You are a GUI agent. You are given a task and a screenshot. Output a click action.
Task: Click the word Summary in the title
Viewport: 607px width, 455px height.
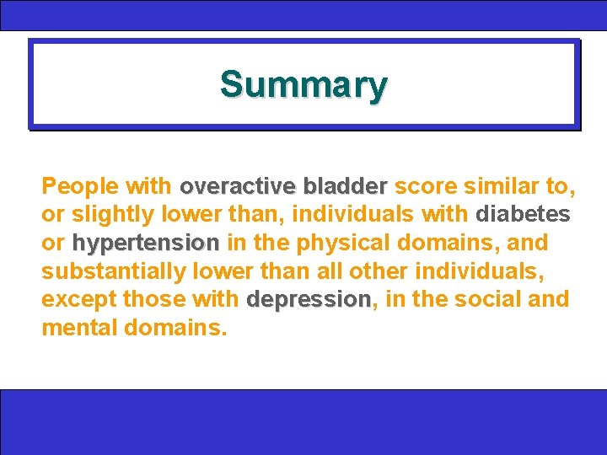pos(303,85)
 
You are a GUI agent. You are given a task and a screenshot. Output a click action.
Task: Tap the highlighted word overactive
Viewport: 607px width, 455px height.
pos(239,185)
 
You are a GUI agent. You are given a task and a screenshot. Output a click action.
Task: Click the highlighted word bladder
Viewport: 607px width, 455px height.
pos(346,185)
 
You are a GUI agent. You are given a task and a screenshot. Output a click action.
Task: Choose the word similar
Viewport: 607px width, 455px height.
pos(498,185)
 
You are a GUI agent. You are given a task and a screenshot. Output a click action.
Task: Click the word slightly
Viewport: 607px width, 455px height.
pos(112,214)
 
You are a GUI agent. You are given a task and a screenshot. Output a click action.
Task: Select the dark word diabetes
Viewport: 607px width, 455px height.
pos(524,214)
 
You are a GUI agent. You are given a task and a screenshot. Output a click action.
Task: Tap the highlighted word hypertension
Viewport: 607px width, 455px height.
pos(146,244)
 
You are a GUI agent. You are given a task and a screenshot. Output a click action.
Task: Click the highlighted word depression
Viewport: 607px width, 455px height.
pos(309,300)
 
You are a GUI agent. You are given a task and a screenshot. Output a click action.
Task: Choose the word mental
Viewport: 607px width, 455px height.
pos(79,328)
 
